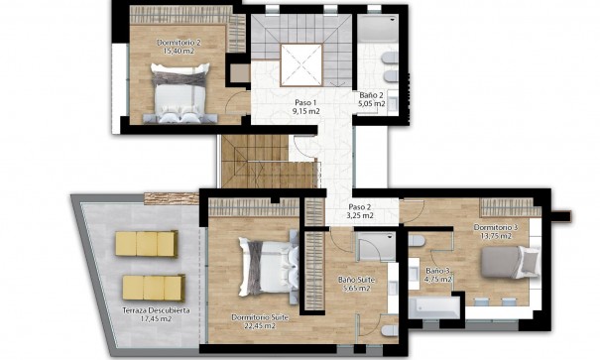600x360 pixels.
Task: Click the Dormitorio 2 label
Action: point(180,43)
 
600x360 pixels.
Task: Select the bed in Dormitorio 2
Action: point(180,89)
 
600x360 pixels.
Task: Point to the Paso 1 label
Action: point(305,103)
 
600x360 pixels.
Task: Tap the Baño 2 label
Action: point(372,94)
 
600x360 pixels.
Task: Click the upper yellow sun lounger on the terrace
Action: point(146,244)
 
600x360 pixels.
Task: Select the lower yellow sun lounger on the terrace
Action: point(153,288)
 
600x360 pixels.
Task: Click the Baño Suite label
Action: point(356,280)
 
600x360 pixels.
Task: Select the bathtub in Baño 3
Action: point(435,308)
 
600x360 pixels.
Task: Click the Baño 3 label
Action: point(438,270)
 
